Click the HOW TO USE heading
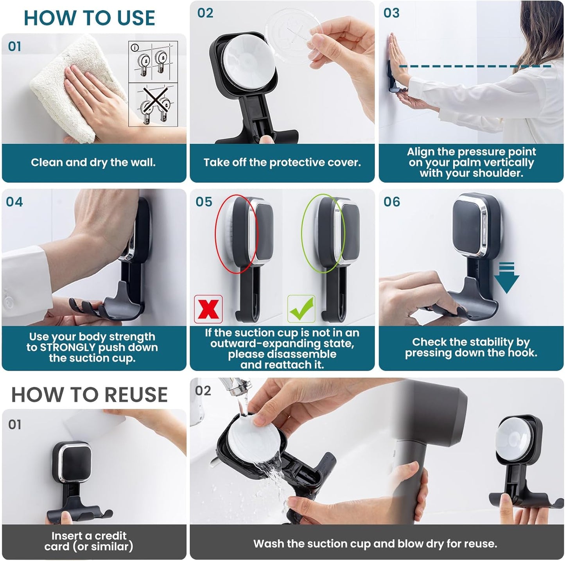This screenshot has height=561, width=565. tap(89, 18)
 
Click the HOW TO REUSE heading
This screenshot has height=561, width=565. tap(89, 394)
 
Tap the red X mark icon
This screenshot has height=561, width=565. tap(208, 309)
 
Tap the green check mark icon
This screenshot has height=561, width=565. tap(301, 309)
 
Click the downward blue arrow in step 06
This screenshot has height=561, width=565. tap(506, 279)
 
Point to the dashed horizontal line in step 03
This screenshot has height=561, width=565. tap(475, 66)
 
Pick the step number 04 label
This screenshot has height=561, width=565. tap(14, 202)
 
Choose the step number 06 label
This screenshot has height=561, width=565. tap(392, 202)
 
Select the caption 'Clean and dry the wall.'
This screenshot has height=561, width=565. tap(93, 163)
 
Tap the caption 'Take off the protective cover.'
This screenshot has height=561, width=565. tap(282, 163)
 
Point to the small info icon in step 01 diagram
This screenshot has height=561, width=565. tap(135, 48)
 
